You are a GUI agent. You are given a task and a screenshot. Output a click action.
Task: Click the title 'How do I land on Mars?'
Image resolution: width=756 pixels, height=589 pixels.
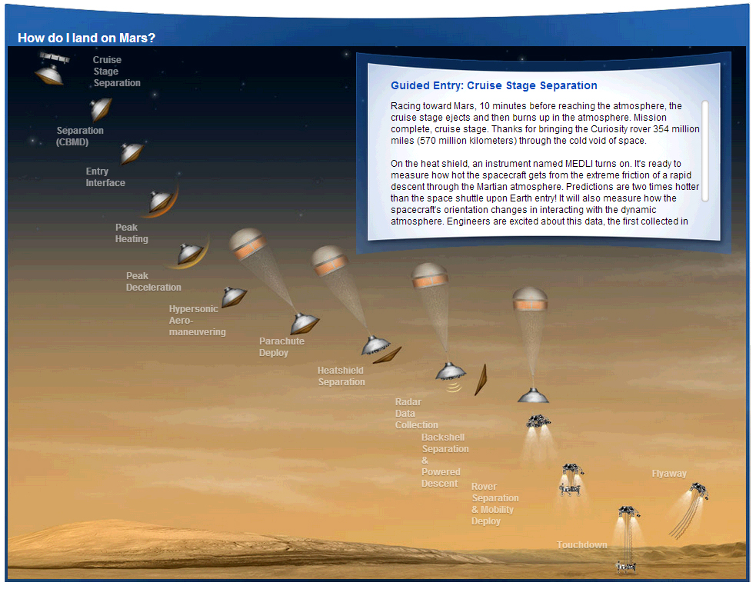pyautogui.click(x=86, y=38)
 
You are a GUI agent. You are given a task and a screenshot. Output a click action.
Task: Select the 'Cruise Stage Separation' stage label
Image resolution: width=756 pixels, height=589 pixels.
pyautogui.click(x=117, y=72)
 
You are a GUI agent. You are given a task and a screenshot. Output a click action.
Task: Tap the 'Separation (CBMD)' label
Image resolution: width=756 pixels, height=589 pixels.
pyautogui.click(x=79, y=136)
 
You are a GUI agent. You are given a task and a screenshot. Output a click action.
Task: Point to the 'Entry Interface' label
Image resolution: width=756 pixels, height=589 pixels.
pyautogui.click(x=105, y=177)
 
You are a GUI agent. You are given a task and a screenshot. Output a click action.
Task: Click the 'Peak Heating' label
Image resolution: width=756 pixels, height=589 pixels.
pyautogui.click(x=132, y=233)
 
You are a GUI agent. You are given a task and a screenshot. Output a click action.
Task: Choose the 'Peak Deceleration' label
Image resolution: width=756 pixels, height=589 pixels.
pyautogui.click(x=153, y=281)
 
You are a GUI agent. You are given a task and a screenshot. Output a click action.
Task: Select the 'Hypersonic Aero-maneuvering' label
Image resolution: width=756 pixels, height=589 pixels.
pyautogui.click(x=197, y=321)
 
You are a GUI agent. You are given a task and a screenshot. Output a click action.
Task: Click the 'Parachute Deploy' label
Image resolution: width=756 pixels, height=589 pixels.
pyautogui.click(x=281, y=347)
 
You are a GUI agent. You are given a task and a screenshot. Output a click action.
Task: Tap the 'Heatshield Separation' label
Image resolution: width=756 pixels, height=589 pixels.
pyautogui.click(x=341, y=376)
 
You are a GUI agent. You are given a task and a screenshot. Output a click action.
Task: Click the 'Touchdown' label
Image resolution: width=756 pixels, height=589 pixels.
pyautogui.click(x=582, y=545)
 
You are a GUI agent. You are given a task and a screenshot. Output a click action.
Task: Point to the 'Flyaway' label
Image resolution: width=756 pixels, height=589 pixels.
pyautogui.click(x=669, y=474)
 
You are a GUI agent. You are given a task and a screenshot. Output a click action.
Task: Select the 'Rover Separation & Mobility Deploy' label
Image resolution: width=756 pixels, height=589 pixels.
pyautogui.click(x=495, y=504)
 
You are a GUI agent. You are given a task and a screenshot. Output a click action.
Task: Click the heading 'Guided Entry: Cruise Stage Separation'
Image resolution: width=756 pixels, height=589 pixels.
pyautogui.click(x=494, y=86)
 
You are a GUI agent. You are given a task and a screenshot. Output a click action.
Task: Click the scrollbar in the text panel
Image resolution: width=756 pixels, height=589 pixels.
pyautogui.click(x=705, y=151)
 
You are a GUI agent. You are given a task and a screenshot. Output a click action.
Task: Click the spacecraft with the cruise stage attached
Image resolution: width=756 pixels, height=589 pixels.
pyautogui.click(x=51, y=68)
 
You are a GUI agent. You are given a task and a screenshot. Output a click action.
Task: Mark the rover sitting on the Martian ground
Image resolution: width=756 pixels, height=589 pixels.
pyautogui.click(x=626, y=567)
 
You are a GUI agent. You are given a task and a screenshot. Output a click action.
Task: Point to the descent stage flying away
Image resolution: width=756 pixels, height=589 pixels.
pyautogui.click(x=699, y=491)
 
